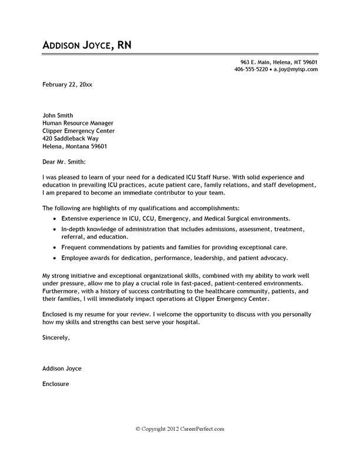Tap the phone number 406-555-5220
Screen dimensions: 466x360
(x=251, y=69)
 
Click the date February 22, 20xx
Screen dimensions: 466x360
(x=67, y=85)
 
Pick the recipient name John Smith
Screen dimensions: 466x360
(x=58, y=115)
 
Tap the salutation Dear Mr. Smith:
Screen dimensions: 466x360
(x=64, y=161)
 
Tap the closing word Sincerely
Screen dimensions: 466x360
(x=56, y=338)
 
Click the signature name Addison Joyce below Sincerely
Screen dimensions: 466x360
(x=62, y=369)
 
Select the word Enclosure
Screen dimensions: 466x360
(x=56, y=384)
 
